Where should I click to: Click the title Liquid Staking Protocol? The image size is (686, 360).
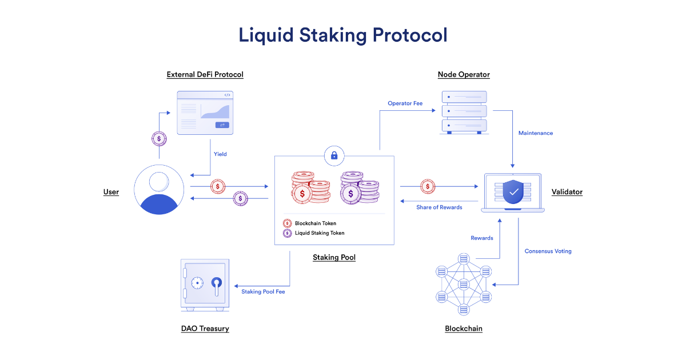point(342,35)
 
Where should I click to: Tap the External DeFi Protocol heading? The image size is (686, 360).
point(205,74)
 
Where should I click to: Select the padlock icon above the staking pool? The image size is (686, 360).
point(334,155)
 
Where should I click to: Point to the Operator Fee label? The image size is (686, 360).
point(405,103)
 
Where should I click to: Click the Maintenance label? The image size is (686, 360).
point(535,133)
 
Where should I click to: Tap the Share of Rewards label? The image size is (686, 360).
point(439,207)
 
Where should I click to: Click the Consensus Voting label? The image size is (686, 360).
point(548,251)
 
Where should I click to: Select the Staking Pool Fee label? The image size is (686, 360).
point(263,292)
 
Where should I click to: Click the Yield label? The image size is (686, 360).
point(220,154)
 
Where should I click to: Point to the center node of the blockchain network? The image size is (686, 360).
point(464,284)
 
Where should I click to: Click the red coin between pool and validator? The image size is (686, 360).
point(428,186)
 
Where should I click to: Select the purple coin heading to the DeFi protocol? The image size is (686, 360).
point(159,138)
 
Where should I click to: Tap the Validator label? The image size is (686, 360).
point(567,192)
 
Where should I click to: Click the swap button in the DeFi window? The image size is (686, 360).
point(222,125)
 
